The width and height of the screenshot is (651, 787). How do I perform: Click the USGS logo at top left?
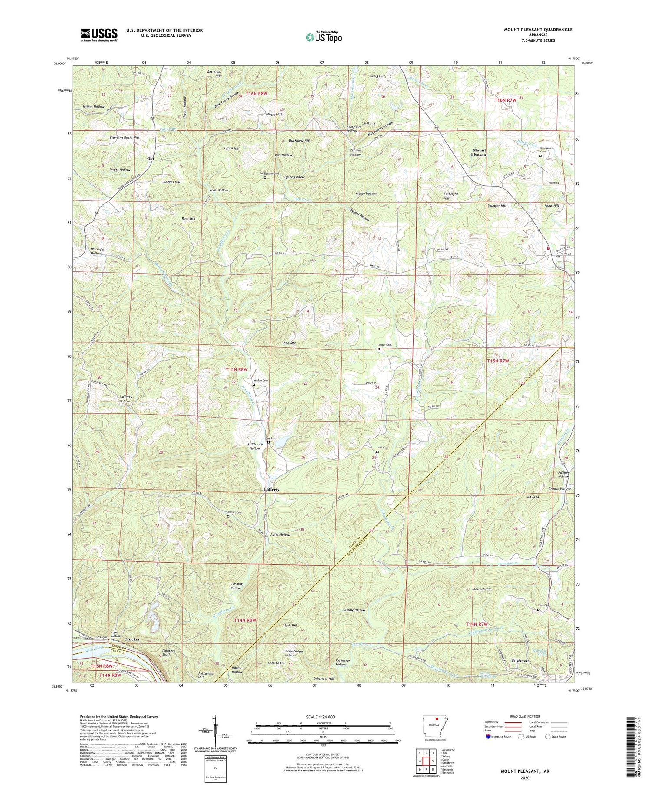pos(99,35)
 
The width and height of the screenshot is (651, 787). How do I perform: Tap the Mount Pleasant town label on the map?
pos(479,152)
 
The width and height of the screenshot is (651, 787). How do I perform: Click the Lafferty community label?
pos(271,489)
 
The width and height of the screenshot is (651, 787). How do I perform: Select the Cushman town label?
pos(520,661)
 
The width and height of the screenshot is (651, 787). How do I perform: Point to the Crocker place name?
pos(132,639)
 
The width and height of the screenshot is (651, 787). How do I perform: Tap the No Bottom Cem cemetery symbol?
pos(265,177)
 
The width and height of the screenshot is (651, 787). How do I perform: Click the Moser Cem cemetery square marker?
pos(378,349)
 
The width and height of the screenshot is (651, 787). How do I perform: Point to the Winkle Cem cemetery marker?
pos(254,385)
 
